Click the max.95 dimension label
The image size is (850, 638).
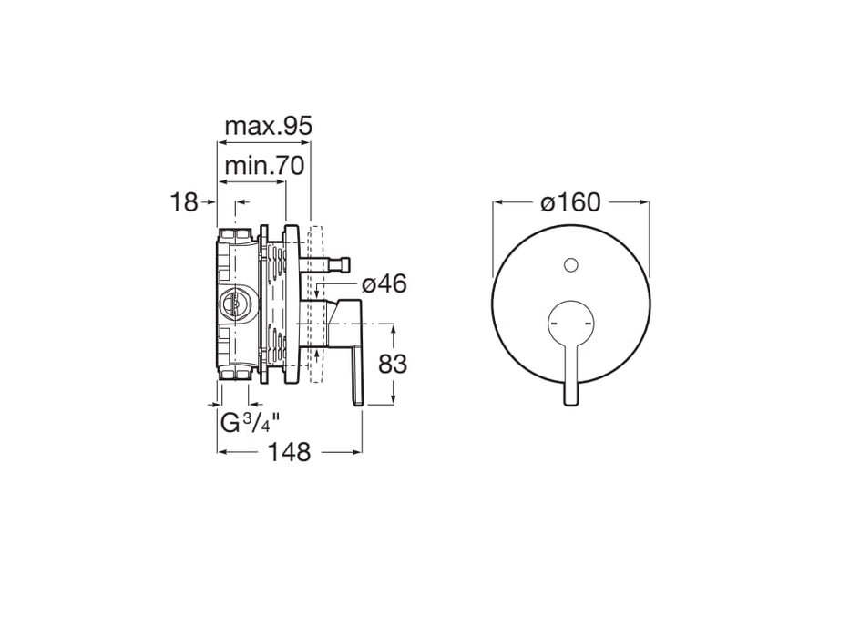pos(269,127)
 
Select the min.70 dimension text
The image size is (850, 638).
pos(264,166)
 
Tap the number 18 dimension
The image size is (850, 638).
pos(184,202)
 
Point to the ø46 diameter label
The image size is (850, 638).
pos(384,283)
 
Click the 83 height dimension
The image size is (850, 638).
pos(392,364)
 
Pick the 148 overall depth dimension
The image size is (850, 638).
pos(290,451)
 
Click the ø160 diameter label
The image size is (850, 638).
pos(571,202)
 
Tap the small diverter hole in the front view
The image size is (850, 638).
pos(571,265)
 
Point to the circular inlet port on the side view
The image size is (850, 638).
pos(236,304)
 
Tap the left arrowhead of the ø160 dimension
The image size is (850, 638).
pos(497,202)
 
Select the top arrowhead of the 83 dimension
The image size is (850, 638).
pos(394,327)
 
